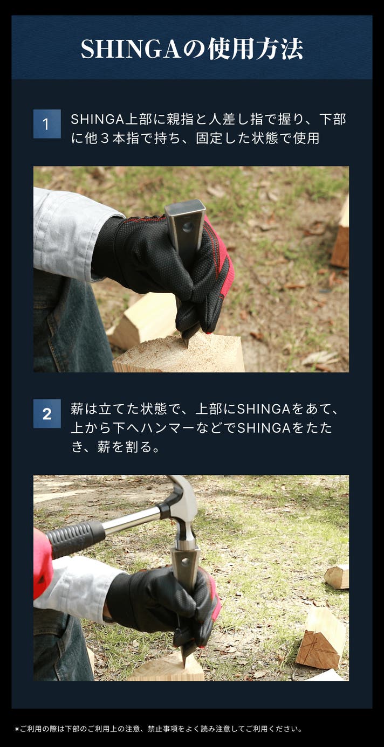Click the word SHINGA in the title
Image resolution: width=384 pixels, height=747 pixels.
[131, 50]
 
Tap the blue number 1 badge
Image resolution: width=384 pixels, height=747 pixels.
[47, 124]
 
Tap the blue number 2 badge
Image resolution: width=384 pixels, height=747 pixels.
[47, 413]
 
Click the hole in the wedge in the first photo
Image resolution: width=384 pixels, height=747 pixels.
[188, 227]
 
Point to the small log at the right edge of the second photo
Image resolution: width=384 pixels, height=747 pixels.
[337, 577]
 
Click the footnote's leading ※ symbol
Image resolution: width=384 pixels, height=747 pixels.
[17, 729]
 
